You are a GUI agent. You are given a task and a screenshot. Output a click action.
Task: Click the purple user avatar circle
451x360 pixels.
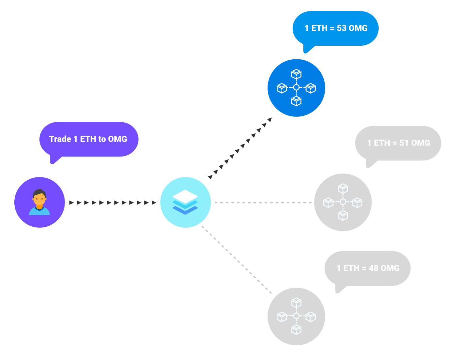[x=39, y=202]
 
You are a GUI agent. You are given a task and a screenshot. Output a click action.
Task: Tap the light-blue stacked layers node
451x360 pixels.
[x=185, y=202]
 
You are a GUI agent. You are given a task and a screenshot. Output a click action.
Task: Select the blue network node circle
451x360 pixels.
[x=296, y=88]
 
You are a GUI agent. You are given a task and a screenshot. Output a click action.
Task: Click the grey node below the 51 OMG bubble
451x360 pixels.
[x=343, y=202]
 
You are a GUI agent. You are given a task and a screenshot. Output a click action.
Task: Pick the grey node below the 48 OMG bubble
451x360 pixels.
[x=296, y=316]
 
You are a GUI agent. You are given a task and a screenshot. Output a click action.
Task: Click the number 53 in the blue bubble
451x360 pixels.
[x=342, y=28]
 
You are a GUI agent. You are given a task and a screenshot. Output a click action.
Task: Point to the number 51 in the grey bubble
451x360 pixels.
[x=404, y=143]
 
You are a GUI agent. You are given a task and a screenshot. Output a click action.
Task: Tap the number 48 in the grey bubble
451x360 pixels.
[x=373, y=268]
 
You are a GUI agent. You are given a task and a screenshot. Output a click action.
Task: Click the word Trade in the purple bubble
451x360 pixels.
[x=60, y=139]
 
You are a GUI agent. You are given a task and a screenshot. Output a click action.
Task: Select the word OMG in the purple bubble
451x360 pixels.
[x=117, y=139]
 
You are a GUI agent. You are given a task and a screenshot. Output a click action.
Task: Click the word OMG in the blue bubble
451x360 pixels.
[x=358, y=28]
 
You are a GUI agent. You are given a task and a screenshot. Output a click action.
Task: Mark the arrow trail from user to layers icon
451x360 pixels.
[x=113, y=202]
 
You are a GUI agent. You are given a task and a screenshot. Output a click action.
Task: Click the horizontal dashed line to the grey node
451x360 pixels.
[x=263, y=202]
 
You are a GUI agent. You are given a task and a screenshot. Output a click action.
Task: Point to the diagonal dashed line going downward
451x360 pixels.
[x=237, y=260]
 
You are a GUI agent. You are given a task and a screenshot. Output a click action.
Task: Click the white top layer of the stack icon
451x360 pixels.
[x=185, y=197]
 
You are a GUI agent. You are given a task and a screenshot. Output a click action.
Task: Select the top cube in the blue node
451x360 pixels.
[x=296, y=74]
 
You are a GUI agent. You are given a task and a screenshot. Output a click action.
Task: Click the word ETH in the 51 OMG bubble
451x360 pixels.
[x=382, y=143]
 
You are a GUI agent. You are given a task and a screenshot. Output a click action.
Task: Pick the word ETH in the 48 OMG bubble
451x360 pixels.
[x=351, y=268]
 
